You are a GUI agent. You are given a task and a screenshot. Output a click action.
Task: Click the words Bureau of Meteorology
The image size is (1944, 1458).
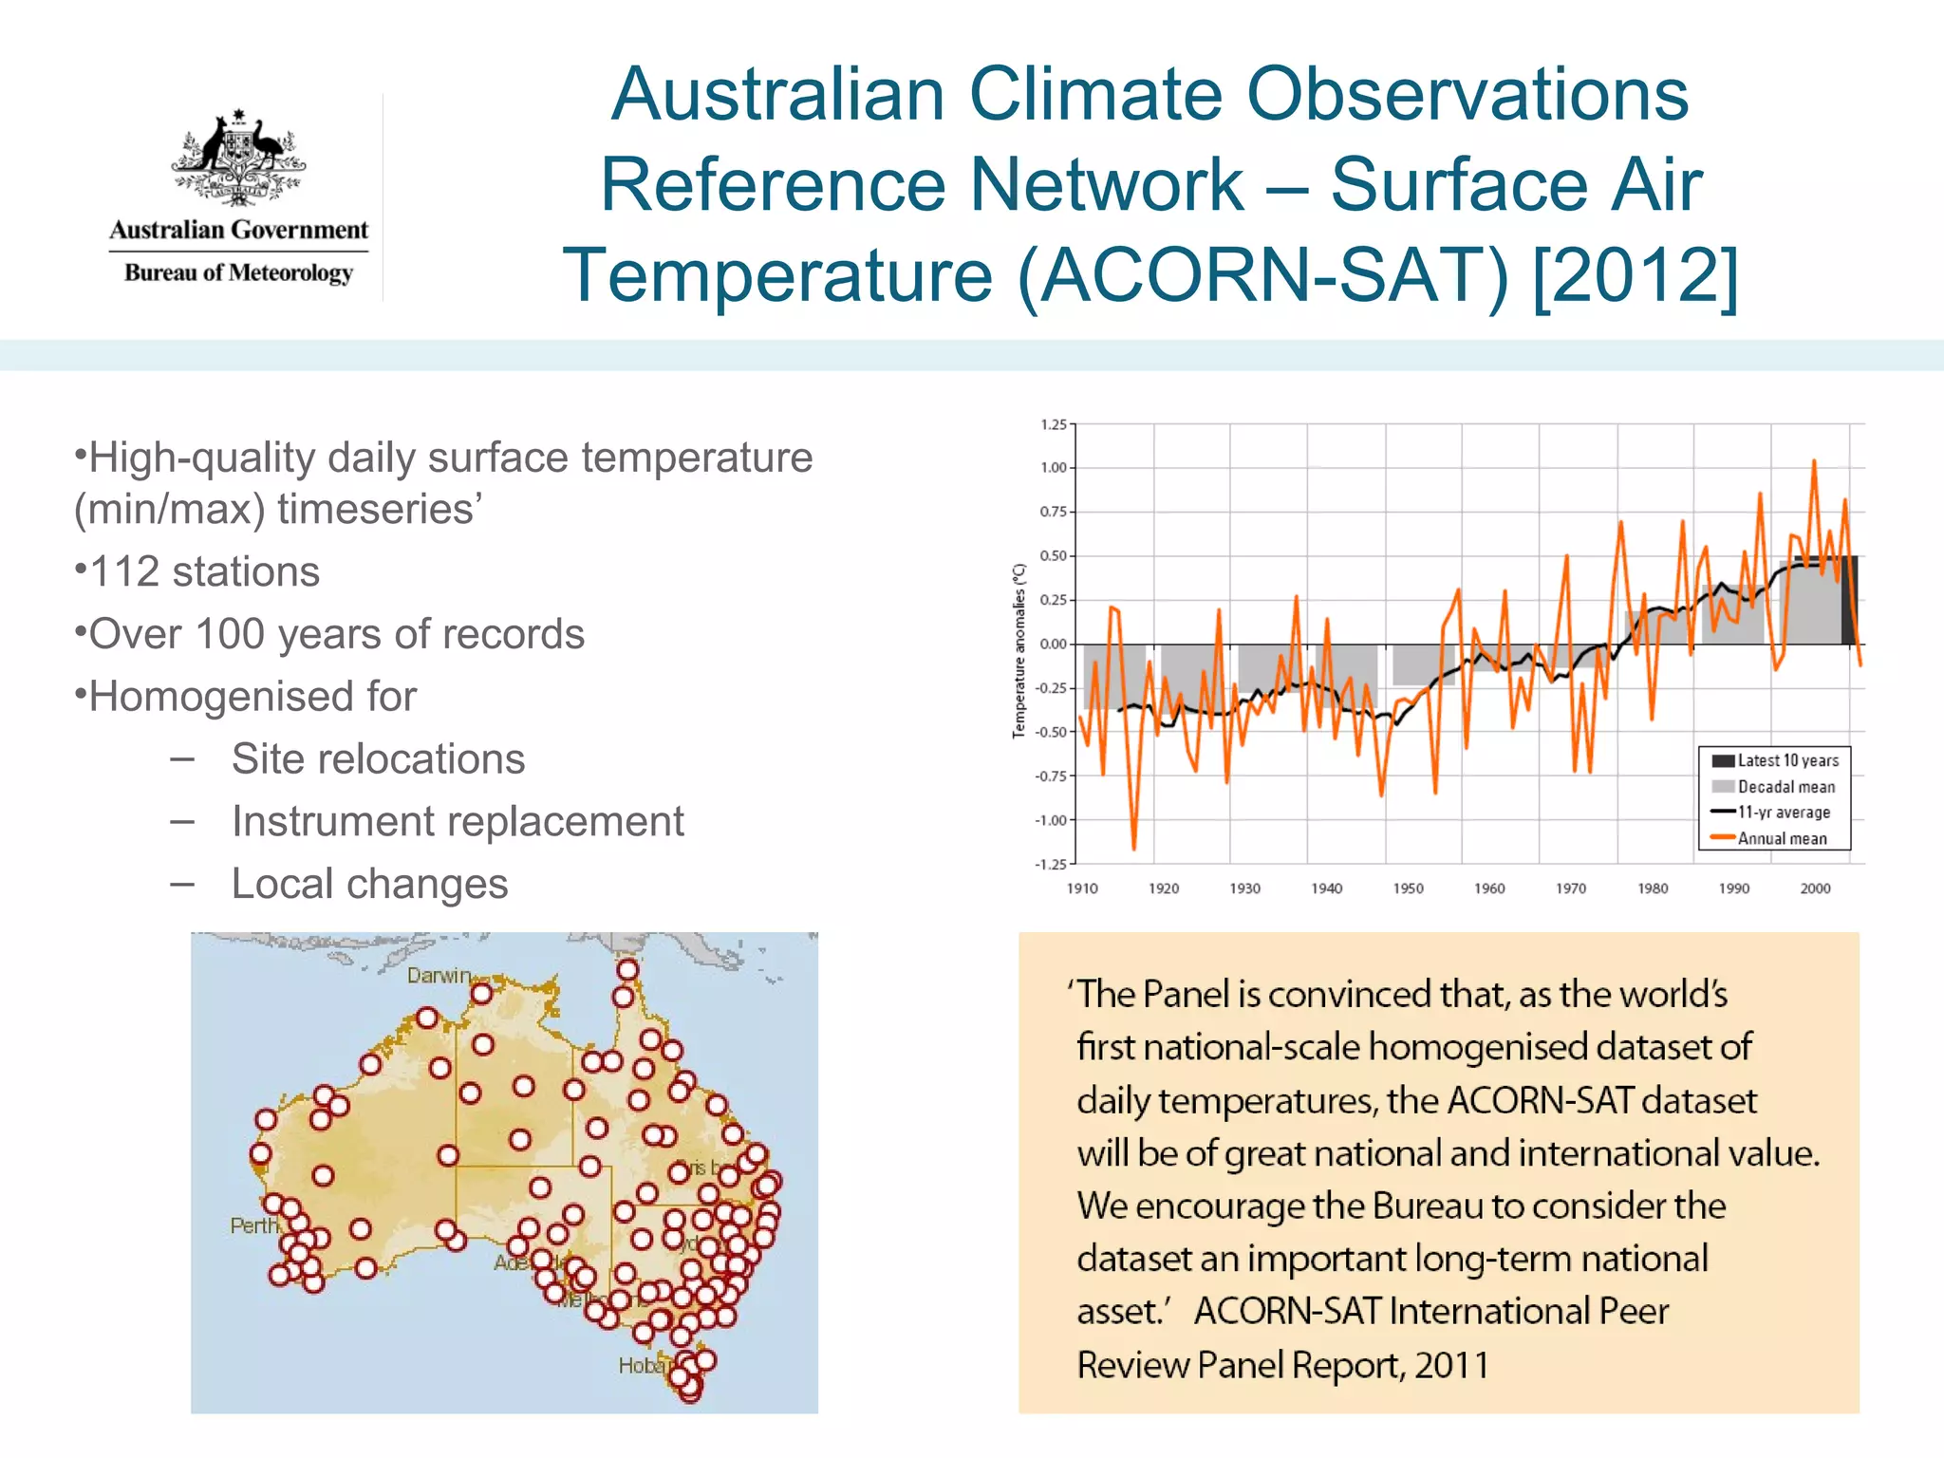point(238,273)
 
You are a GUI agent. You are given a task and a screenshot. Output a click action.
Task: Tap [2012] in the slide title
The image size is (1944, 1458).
point(1635,275)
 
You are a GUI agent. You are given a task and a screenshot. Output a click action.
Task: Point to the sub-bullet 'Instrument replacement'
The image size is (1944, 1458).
point(457,822)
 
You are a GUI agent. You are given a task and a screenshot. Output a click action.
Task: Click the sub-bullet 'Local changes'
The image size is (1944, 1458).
point(369,884)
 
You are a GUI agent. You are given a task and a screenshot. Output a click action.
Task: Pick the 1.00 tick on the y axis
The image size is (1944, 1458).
point(1053,468)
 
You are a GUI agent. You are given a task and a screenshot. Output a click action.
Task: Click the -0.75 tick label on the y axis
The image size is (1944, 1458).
point(1051,776)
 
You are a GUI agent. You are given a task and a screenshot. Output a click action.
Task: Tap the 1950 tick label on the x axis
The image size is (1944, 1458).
point(1408,888)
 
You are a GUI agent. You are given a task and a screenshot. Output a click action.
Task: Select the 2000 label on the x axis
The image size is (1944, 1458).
point(1815,888)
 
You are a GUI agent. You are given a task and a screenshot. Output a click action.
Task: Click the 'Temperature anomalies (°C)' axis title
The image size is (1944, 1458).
point(1019,650)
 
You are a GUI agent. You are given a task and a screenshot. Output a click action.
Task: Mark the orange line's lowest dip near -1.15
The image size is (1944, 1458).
point(1133,847)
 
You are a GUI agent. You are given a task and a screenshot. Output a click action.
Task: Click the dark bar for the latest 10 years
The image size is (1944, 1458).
point(1848,601)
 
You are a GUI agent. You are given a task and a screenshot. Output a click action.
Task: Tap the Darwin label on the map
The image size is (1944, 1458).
point(439,976)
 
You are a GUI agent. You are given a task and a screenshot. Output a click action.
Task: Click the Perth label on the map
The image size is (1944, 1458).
point(253,1225)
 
